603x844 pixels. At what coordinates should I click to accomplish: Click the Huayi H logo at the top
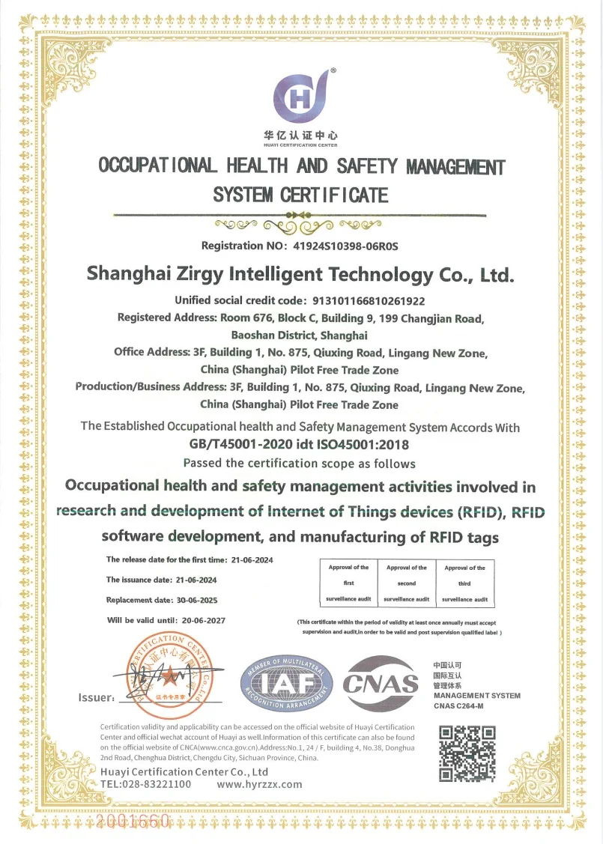point(301,96)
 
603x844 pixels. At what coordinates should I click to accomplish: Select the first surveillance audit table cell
point(348,583)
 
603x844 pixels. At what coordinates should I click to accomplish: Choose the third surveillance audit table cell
point(464,583)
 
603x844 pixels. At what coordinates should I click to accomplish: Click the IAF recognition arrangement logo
point(287,684)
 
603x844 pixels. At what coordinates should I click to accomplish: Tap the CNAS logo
point(380,681)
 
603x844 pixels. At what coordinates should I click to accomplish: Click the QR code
point(466,753)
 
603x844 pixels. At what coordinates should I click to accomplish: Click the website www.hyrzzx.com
point(259,784)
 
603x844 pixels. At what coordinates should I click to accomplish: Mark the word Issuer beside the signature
point(96,698)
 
